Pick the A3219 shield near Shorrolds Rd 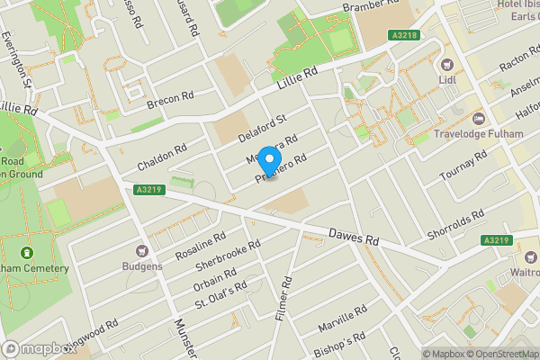496,240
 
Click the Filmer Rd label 283,300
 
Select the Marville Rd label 348,317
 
